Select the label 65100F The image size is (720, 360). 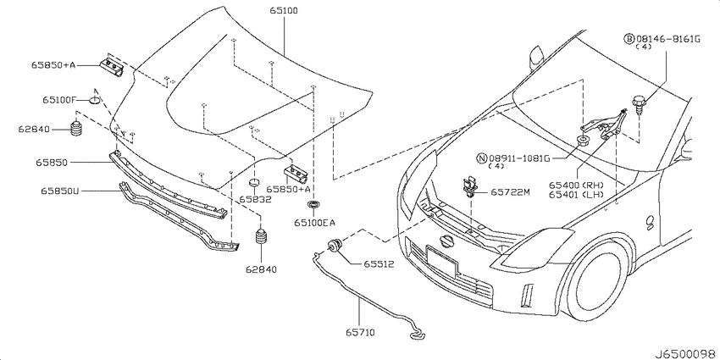point(58,99)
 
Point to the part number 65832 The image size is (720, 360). point(255,199)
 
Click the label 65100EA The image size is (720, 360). point(314,223)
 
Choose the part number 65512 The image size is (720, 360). point(379,264)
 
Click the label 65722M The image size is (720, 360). point(511,192)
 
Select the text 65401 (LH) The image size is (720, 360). point(576,194)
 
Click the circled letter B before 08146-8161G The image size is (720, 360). point(629,39)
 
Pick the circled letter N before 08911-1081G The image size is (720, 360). point(482,158)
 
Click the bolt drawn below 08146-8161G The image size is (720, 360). point(638,104)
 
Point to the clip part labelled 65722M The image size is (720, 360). point(468,186)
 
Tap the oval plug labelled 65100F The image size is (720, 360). point(95,100)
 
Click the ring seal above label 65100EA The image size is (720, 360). point(313,204)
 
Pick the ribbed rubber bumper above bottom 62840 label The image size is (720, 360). point(261,238)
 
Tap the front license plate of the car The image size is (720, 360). point(441,261)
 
